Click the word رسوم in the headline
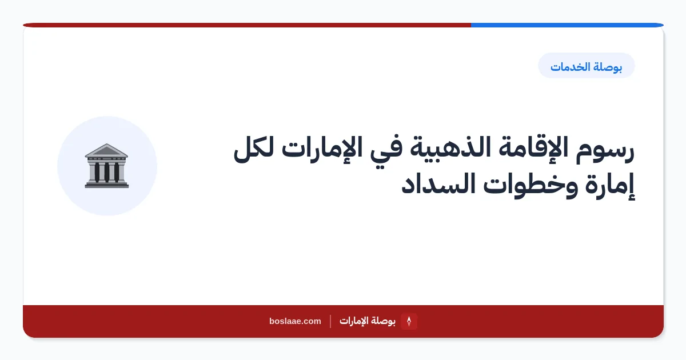pos(605,150)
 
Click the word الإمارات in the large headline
pos(321,149)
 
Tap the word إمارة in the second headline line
pos(609,186)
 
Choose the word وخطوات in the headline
pos(531,186)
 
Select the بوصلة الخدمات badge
pos(586,66)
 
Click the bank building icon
pos(106,166)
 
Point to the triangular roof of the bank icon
pos(106,150)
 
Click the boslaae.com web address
pos(295,321)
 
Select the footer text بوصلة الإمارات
pos(368,321)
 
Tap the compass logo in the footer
pos(409,321)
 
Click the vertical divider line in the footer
pos(330,321)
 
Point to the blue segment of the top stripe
pos(567,25)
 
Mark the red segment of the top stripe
pos(247,25)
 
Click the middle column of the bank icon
pos(106,172)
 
